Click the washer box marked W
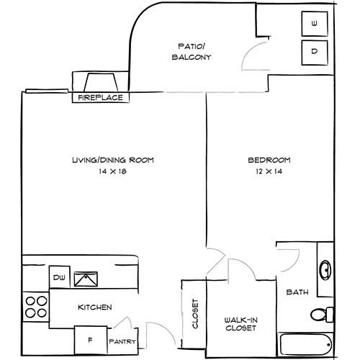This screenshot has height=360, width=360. [x=315, y=24]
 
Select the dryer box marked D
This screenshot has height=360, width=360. [x=315, y=53]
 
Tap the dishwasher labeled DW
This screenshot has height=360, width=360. [x=60, y=277]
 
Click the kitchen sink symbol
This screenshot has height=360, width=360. [x=86, y=279]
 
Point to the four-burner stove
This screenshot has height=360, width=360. [x=36, y=307]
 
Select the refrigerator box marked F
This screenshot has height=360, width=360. [x=91, y=340]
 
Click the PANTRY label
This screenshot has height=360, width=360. [x=122, y=341]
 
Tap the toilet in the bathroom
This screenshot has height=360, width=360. [x=322, y=315]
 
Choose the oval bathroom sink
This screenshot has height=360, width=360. [x=325, y=270]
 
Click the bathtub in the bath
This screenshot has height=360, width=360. [x=305, y=345]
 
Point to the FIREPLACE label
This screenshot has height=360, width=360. [x=101, y=98]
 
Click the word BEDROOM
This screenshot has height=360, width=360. [x=269, y=160]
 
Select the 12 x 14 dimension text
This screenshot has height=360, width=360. [x=269, y=171]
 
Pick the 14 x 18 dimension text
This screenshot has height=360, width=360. [x=112, y=171]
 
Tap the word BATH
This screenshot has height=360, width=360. [x=297, y=292]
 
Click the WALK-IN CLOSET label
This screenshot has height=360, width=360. [x=240, y=324]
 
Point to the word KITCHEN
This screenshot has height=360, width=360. [x=95, y=307]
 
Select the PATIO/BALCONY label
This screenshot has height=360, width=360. [x=192, y=52]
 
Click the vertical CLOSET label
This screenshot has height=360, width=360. [x=195, y=313]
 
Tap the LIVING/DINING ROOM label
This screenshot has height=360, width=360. [x=113, y=160]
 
